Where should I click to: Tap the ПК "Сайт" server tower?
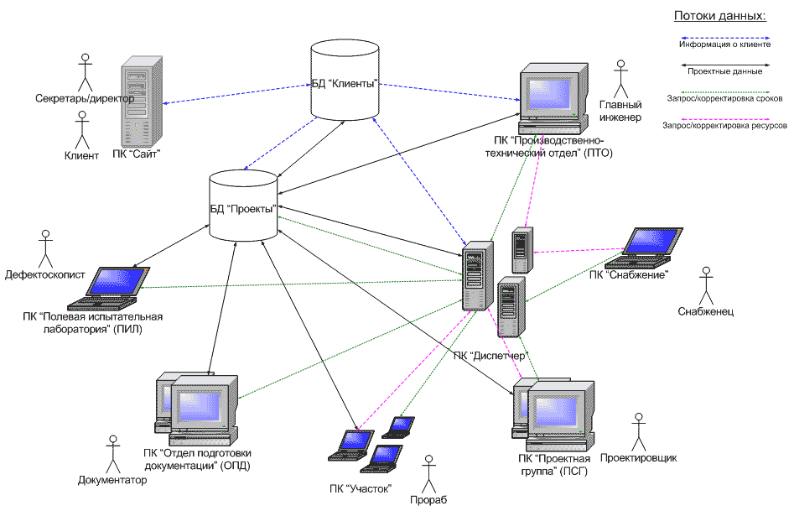tap(138, 102)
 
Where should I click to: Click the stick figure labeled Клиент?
tap(82, 130)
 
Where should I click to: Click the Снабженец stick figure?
tap(706, 286)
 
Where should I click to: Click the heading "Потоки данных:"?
tap(720, 16)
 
